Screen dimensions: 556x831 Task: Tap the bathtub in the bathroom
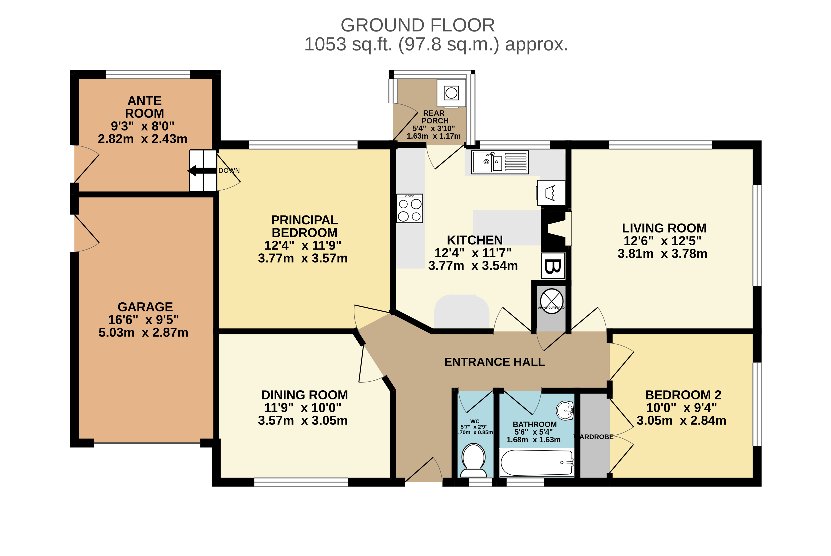click(x=536, y=462)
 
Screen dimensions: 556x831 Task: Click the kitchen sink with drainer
click(x=500, y=162)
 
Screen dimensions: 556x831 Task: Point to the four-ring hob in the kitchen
click(x=409, y=209)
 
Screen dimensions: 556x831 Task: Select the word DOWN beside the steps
click(x=229, y=171)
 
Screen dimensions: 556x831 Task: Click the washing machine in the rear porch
click(x=451, y=93)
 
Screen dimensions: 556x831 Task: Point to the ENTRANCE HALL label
click(x=494, y=362)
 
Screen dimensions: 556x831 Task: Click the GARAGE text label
click(x=145, y=307)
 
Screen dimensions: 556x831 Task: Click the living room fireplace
click(x=557, y=229)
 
